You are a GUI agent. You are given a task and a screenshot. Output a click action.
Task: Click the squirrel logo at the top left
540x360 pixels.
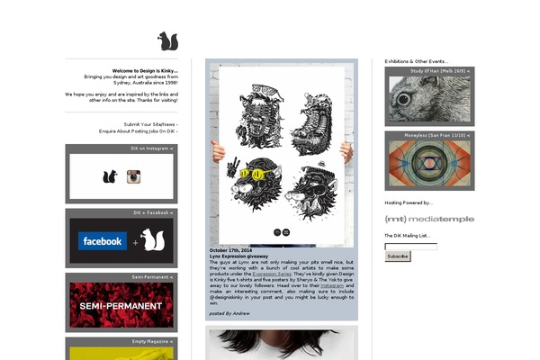167,41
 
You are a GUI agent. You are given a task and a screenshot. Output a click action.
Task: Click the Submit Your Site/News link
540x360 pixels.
150,124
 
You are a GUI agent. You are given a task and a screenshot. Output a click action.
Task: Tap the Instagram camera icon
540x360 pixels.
134,177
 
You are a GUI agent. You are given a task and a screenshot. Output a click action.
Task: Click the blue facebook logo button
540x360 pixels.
102,241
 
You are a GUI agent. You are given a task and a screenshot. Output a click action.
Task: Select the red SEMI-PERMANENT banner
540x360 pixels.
121,306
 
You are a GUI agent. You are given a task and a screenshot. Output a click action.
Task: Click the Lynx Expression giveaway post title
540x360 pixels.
238,256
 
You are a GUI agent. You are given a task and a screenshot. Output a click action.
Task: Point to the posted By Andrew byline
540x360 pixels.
229,313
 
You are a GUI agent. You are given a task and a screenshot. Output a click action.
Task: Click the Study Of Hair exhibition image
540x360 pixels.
428,99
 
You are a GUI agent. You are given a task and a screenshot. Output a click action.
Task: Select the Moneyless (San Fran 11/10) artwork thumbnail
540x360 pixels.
428,164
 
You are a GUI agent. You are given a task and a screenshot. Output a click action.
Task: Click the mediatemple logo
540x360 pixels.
429,219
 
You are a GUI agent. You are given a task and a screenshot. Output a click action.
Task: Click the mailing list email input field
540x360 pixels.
410,246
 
